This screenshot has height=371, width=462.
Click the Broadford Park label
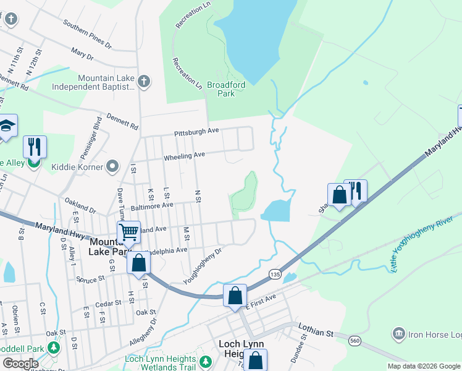tap(225, 89)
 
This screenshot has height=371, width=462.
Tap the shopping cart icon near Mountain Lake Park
tap(128, 232)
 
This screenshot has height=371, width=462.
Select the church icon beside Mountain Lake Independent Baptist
tap(143, 82)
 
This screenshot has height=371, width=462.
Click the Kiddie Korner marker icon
tap(112, 166)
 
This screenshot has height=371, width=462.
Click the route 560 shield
tap(355, 340)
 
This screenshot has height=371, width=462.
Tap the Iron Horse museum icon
tap(399, 335)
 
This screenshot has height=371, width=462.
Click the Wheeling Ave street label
tap(183, 157)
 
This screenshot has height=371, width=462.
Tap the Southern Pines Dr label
tap(86, 35)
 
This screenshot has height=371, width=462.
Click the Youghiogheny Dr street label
tap(202, 267)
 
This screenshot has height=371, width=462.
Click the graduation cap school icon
tap(7, 126)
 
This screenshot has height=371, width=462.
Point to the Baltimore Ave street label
tap(151, 205)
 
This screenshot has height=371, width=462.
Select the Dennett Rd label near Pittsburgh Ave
tap(122, 120)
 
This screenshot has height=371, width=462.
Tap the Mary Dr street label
tap(82, 56)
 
